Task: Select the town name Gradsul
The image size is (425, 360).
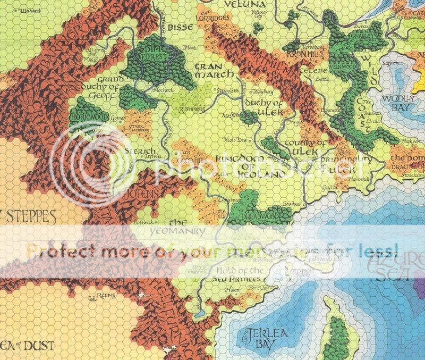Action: pyautogui.click(x=292, y=203)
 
